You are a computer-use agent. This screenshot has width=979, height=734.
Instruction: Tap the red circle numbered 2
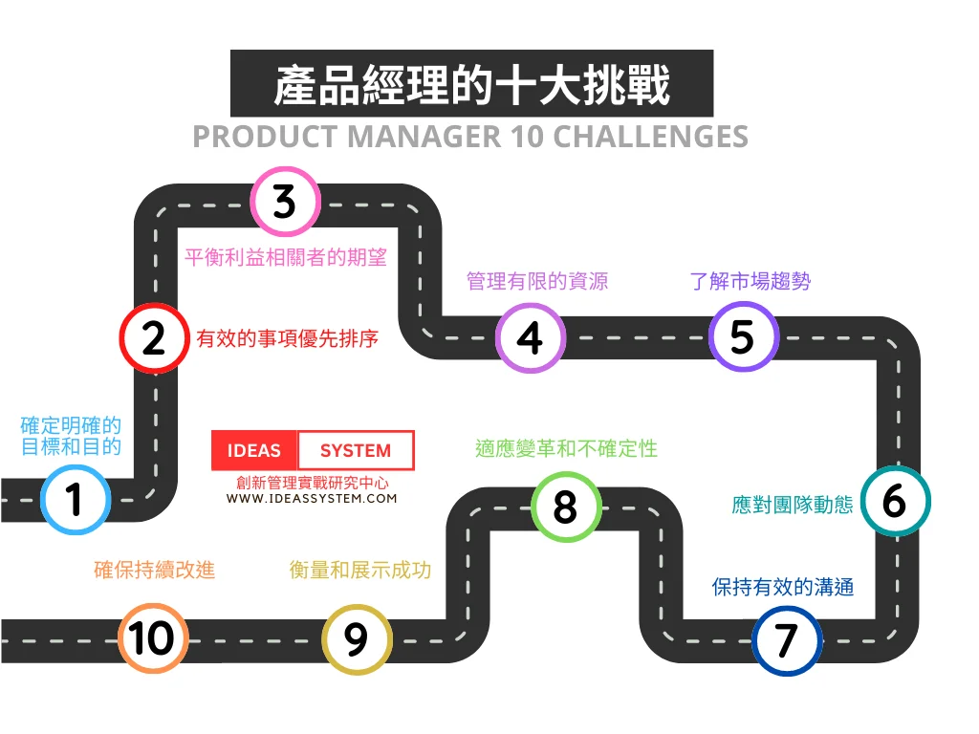pyautogui.click(x=153, y=338)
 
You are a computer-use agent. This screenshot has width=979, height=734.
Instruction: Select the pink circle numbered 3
pyautogui.click(x=285, y=202)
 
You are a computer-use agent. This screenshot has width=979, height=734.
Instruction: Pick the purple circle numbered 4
pyautogui.click(x=530, y=337)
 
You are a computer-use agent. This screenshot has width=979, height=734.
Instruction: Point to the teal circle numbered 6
pyautogui.click(x=894, y=501)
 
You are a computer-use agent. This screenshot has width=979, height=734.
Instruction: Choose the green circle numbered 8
pyautogui.click(x=566, y=507)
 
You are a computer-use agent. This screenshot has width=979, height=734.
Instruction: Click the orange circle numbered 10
pyautogui.click(x=153, y=638)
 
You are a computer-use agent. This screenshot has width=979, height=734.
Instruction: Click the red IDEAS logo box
pyautogui.click(x=254, y=450)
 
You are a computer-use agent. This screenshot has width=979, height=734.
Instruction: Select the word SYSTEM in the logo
pyautogui.click(x=355, y=450)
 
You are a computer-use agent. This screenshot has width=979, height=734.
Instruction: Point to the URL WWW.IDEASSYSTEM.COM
pyautogui.click(x=312, y=498)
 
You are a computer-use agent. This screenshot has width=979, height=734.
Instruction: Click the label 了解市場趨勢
pyautogui.click(x=751, y=281)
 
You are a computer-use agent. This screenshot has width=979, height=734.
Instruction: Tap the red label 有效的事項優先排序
pyautogui.click(x=288, y=338)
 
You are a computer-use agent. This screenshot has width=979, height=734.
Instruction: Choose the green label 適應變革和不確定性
pyautogui.click(x=566, y=448)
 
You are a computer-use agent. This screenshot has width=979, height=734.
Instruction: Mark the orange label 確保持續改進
pyautogui.click(x=155, y=570)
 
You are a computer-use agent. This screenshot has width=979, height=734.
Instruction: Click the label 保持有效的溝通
pyautogui.click(x=783, y=587)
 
